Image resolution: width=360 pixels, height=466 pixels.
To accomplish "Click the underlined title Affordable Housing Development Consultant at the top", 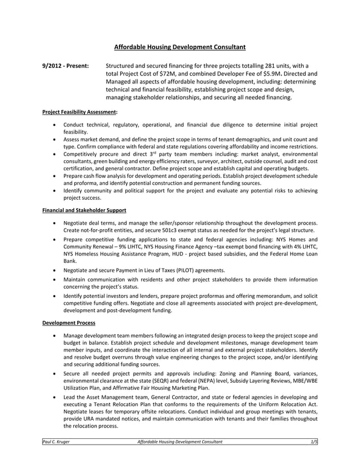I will pos(180,47).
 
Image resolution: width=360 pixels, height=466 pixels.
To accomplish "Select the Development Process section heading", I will pos(69,323).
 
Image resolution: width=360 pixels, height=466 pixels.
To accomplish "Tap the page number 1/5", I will pos(314,442).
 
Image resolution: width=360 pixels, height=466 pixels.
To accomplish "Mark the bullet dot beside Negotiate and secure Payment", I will pos(53,270).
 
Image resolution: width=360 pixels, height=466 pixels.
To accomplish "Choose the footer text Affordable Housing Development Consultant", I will pos(180,442).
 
